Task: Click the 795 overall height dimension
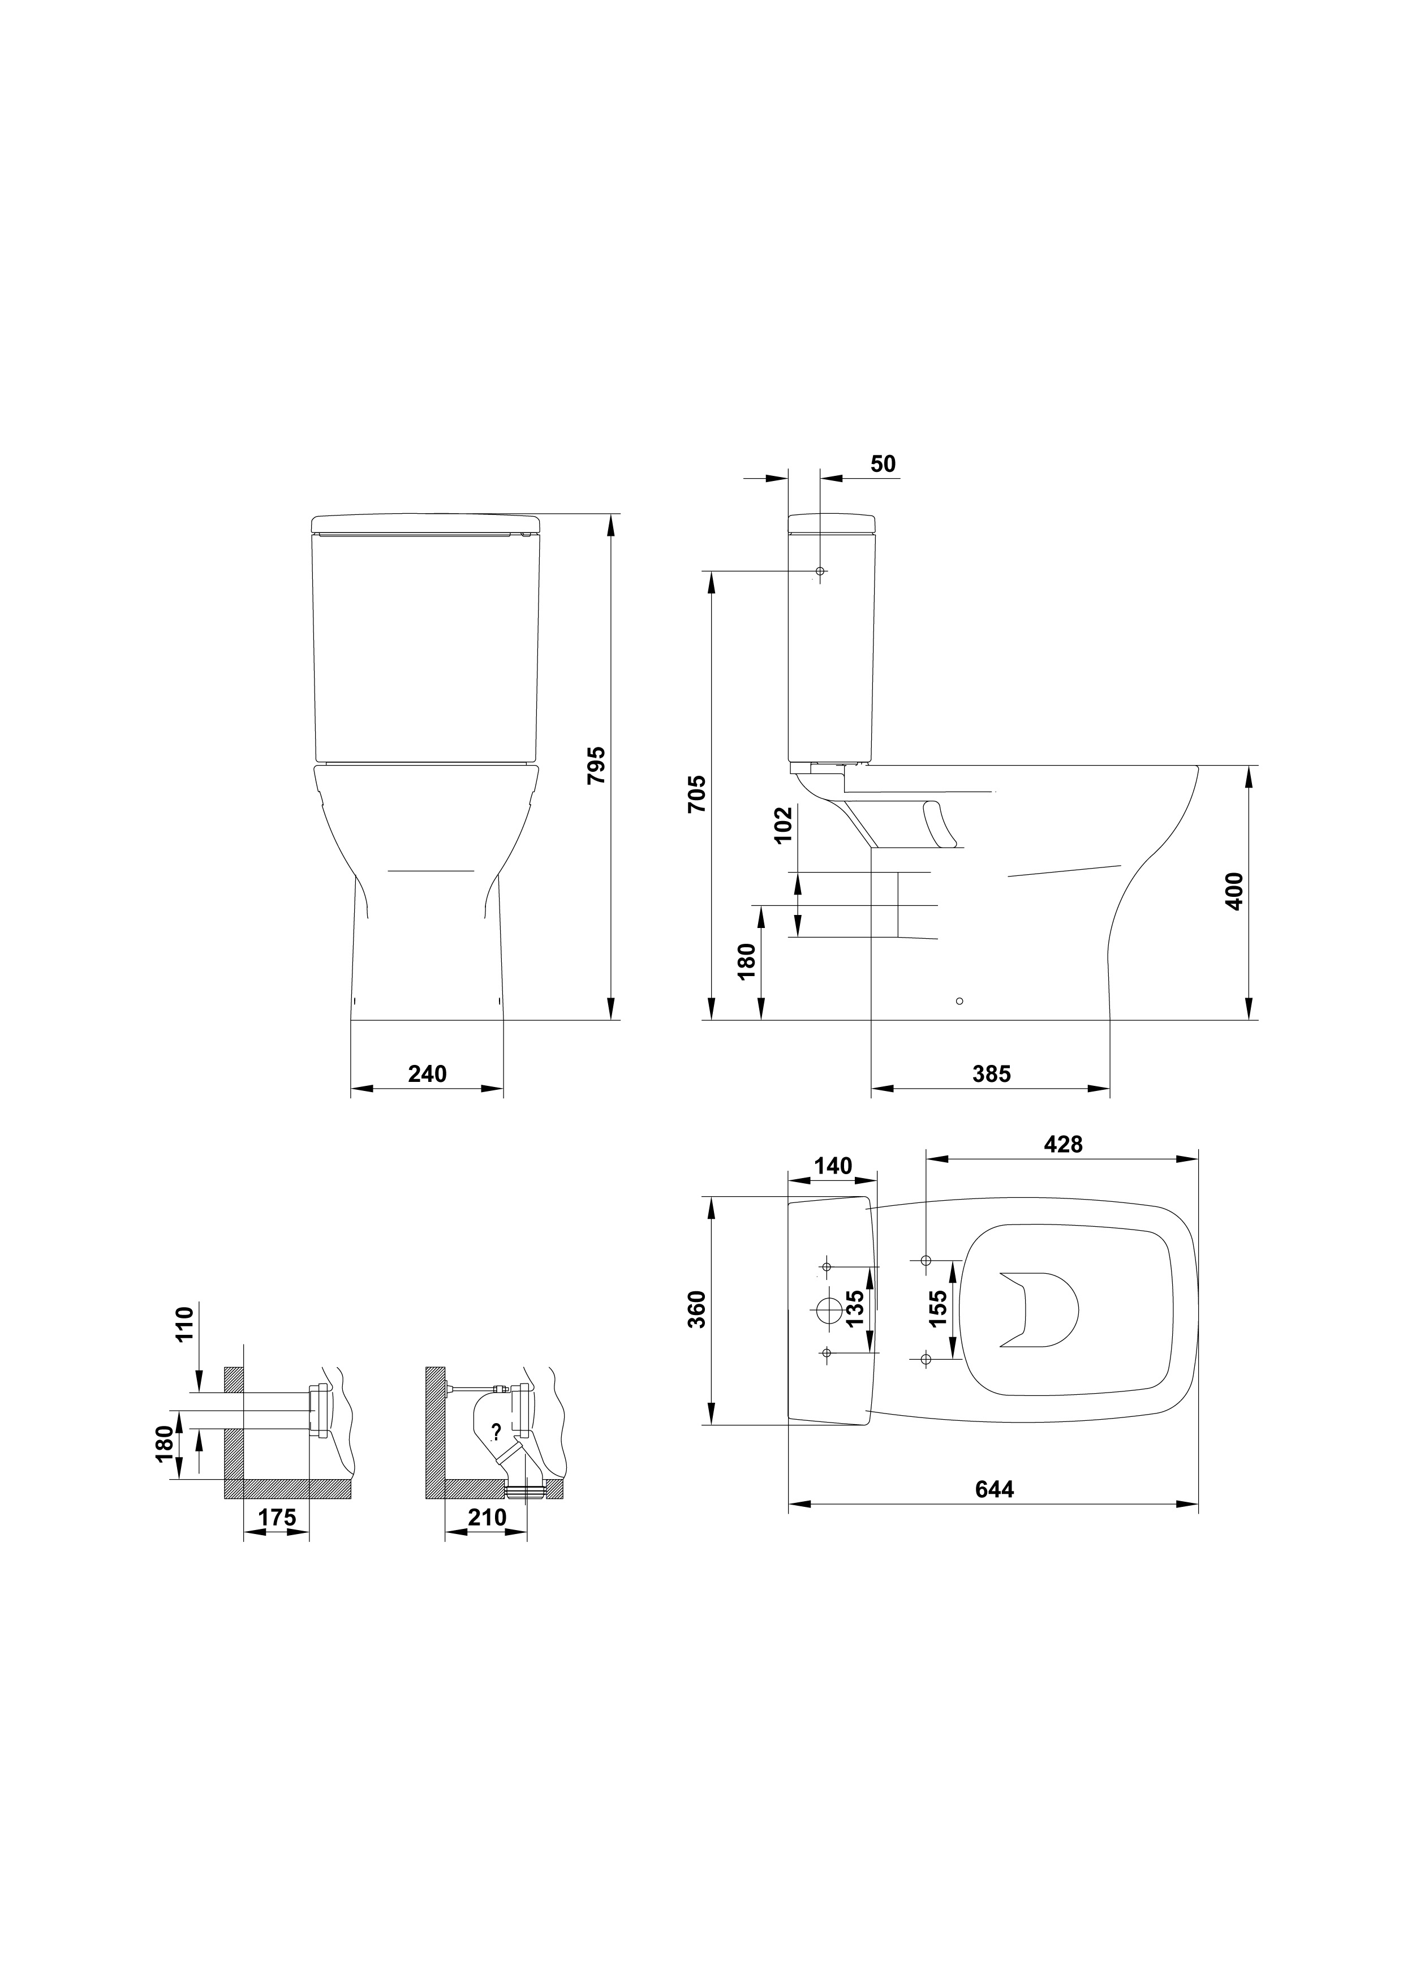click(596, 764)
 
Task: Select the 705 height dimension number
click(697, 794)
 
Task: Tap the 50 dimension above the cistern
click(884, 463)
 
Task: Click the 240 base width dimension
click(427, 1074)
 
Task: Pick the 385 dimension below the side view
click(992, 1074)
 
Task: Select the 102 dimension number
click(783, 826)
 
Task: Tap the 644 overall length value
click(994, 1490)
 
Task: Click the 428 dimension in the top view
click(1063, 1145)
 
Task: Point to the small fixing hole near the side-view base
click(959, 1001)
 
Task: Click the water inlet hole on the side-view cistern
click(820, 572)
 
